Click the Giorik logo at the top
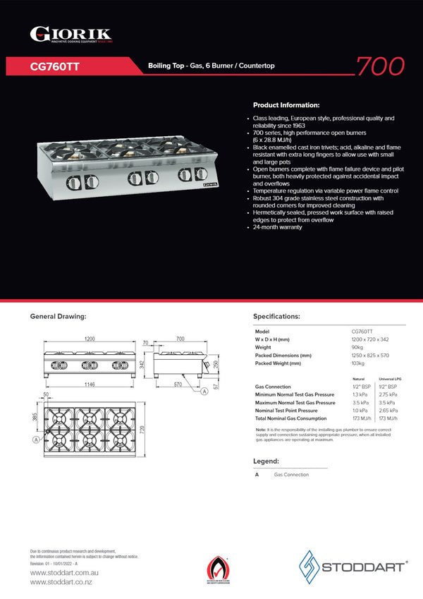pos(70,34)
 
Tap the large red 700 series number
pos(380,66)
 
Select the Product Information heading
pos(286,104)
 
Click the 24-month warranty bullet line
pos(277,227)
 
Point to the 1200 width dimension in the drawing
pos(90,339)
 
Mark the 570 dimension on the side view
pos(179,385)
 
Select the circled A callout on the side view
pos(204,392)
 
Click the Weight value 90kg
pos(358,347)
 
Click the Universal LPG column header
pos(390,379)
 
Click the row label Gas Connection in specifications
pos(273,387)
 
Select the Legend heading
pos(266,461)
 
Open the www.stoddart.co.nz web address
pos(61,582)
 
